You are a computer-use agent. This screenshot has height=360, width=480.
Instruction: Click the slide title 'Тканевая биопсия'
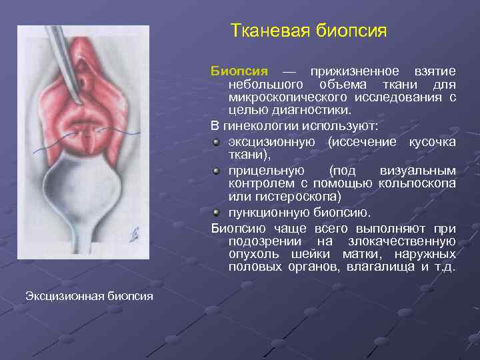(x=308, y=31)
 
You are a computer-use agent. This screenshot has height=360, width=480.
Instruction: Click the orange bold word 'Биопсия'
(x=239, y=71)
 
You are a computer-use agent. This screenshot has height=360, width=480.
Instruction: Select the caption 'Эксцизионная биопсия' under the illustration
(x=89, y=295)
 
